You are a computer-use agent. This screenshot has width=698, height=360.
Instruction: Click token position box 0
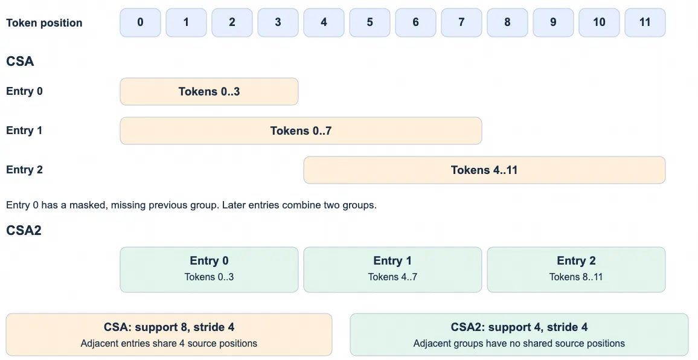pos(140,22)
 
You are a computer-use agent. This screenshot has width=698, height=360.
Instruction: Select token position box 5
pos(370,22)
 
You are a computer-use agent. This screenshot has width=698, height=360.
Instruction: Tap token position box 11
pos(645,22)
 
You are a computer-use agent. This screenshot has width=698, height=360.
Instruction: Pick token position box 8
pos(507,22)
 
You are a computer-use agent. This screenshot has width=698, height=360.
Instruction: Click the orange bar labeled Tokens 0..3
pos(210,91)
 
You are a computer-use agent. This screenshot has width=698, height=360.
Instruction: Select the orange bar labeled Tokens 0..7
pos(301,130)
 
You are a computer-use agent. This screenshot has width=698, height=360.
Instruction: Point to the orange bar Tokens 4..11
pos(484,170)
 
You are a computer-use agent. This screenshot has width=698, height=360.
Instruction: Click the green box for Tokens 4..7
pos(392,269)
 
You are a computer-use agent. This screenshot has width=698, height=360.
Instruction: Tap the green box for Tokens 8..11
pos(576,269)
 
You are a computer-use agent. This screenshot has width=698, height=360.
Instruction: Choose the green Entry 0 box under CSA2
pos(210,269)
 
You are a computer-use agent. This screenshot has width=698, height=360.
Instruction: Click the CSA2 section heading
pos(24,230)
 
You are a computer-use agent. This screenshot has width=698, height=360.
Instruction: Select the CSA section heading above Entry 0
pos(20,61)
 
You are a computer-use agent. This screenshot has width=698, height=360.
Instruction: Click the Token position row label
pos(44,23)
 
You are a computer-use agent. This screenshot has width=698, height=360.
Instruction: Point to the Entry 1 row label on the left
pos(25,130)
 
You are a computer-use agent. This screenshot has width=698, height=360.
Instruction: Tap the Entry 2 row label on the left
pos(25,170)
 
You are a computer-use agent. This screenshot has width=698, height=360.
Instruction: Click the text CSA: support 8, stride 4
pos(169,327)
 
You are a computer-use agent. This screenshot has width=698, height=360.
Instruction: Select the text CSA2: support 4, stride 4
pos(519,327)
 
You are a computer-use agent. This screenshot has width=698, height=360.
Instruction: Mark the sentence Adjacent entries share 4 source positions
pos(169,344)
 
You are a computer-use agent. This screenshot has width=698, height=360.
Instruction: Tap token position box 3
pos(278,22)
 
